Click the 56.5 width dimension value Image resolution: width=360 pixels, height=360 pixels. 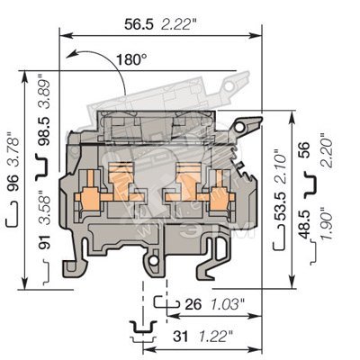pyautogui.click(x=139, y=24)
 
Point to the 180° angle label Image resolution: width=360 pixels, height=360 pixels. pyautogui.click(x=129, y=59)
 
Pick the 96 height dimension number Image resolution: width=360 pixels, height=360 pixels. pyautogui.click(x=13, y=183)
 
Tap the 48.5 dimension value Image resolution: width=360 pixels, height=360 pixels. pyautogui.click(x=304, y=224)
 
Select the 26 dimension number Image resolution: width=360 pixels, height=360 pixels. pyautogui.click(x=193, y=305)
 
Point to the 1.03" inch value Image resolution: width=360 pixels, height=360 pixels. pyautogui.click(x=226, y=305)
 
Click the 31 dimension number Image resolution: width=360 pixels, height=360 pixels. pyautogui.click(x=181, y=337)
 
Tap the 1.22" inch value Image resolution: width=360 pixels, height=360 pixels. pyautogui.click(x=215, y=337)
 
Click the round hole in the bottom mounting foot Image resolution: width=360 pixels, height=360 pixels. pyautogui.click(x=154, y=261)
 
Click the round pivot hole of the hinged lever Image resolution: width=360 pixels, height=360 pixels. pyautogui.click(x=239, y=129)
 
